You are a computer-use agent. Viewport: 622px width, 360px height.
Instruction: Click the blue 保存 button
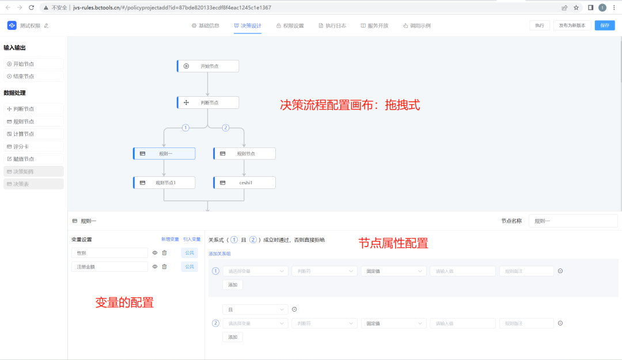tap(604, 25)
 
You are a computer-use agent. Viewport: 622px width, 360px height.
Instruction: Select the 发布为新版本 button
tap(572, 25)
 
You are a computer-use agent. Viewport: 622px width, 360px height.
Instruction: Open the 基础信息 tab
tap(206, 25)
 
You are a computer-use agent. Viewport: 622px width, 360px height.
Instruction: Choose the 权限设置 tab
tap(290, 25)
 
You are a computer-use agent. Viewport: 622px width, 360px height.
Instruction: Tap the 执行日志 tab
tap(332, 25)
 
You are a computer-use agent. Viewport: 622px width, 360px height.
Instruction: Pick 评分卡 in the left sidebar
tap(33, 146)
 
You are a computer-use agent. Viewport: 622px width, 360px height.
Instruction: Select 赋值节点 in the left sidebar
tap(33, 158)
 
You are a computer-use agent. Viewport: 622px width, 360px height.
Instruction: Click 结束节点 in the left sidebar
tap(33, 76)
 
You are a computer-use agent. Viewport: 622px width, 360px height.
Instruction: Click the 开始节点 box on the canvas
tap(208, 66)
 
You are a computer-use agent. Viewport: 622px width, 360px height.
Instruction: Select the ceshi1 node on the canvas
tap(245, 183)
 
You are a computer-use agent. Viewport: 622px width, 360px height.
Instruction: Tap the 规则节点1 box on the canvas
tap(164, 183)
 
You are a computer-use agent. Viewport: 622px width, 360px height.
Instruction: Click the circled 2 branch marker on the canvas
tap(226, 128)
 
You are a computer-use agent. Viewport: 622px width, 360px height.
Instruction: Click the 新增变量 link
tap(169, 239)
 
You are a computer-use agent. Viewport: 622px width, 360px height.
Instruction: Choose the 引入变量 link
tap(192, 239)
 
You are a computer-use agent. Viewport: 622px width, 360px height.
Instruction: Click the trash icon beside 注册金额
tap(165, 267)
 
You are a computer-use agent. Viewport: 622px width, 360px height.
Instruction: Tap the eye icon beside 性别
tap(155, 253)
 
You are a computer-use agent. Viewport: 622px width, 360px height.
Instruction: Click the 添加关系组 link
tap(219, 253)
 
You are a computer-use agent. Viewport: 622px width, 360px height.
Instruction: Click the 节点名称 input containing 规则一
tap(572, 221)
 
